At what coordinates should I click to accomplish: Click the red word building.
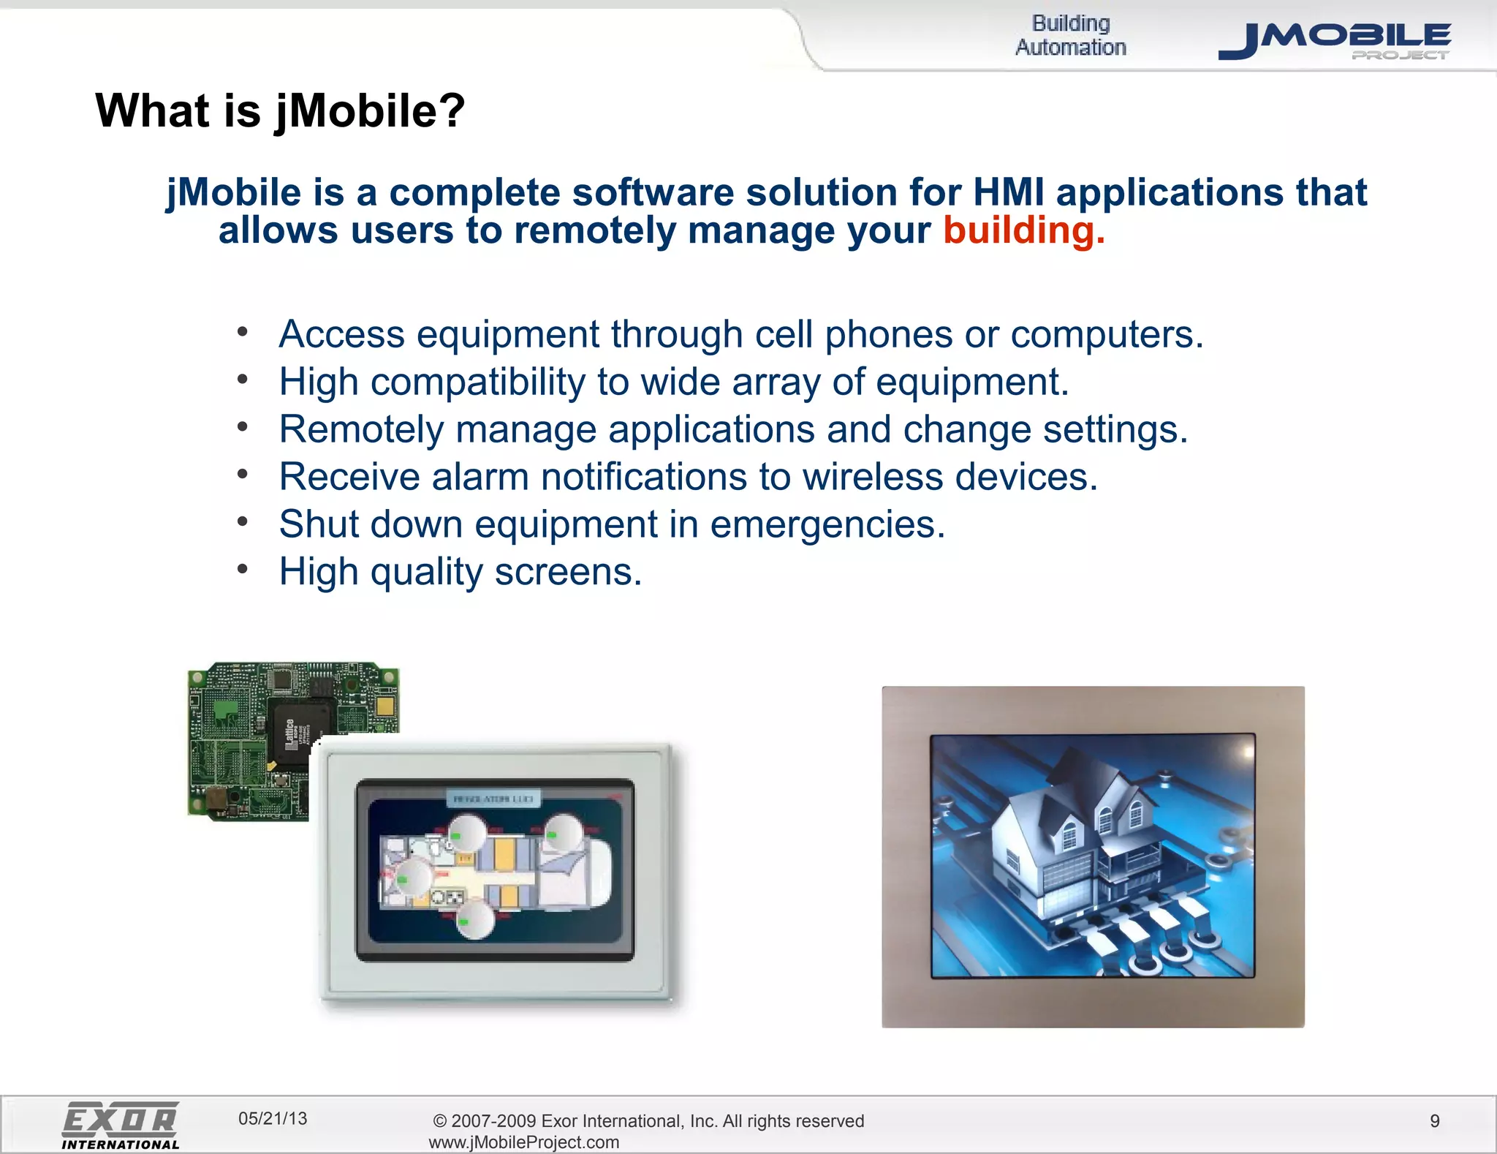tap(1023, 231)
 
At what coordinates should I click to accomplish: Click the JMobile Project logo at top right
tap(1334, 40)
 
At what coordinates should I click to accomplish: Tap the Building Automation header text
tap(1070, 35)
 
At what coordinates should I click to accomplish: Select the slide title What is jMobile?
tap(280, 110)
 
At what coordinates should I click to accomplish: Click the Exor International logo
tap(121, 1125)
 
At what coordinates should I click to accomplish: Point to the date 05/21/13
tap(273, 1118)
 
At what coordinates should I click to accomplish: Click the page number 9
tap(1434, 1121)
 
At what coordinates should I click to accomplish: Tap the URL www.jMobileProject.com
tap(523, 1142)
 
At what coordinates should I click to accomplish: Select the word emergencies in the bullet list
tap(827, 525)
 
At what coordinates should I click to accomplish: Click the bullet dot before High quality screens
tap(243, 568)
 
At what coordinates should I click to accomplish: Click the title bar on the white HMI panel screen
tap(493, 799)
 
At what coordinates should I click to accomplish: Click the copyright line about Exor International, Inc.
tap(648, 1121)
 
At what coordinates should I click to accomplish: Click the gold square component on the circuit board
tap(385, 706)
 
